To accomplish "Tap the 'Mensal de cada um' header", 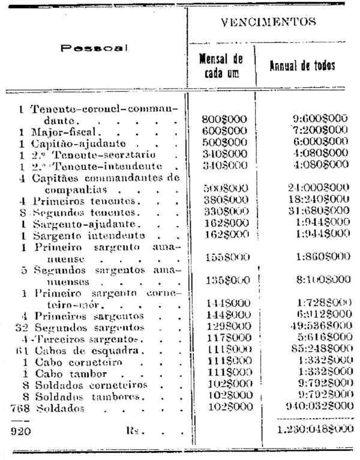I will pyautogui.click(x=220, y=65).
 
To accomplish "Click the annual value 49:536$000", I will pyautogui.click(x=317, y=328).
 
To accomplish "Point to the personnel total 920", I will pyautogui.click(x=20, y=431).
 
